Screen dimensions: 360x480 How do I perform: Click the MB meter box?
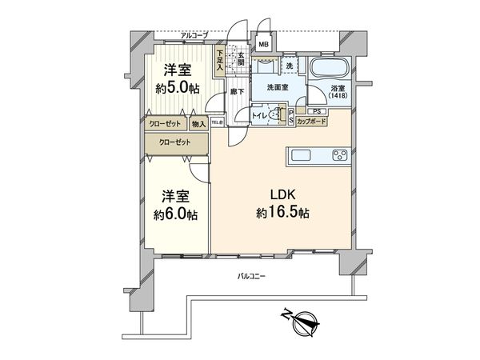(262, 46)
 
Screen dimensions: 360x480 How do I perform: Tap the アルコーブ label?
(194, 35)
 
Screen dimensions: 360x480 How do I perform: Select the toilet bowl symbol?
(276, 115)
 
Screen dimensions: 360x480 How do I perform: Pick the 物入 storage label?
(199, 123)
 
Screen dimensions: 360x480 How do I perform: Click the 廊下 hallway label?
(236, 92)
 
